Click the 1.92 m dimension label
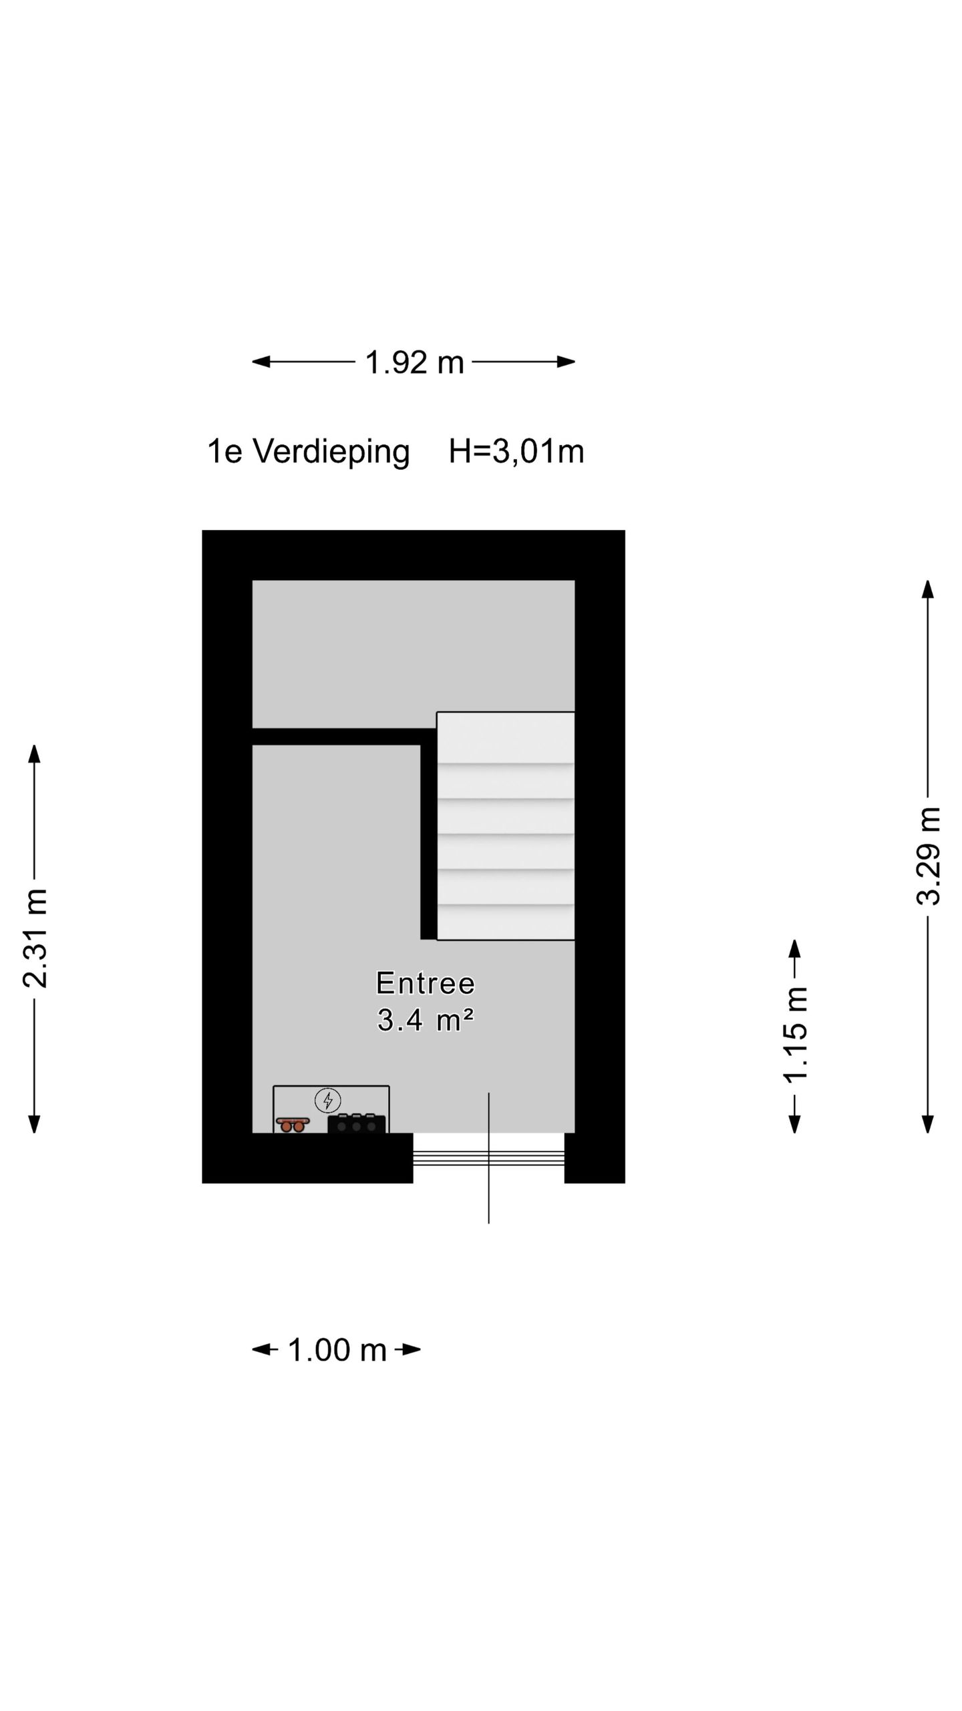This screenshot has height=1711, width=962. [414, 362]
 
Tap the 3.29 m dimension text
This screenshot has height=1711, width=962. [928, 856]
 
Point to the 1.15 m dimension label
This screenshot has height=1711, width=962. [795, 1035]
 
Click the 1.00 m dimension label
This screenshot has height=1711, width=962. [337, 1349]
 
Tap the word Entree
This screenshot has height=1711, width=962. [426, 983]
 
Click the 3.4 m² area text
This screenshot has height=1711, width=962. [426, 1020]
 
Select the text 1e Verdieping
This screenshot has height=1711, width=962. [308, 452]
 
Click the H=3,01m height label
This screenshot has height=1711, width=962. [516, 452]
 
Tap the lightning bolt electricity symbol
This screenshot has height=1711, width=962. [328, 1099]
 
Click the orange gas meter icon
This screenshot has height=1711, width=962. [293, 1124]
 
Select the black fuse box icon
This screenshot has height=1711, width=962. [356, 1125]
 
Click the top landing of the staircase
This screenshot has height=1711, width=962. [506, 737]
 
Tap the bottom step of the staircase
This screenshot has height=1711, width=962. [506, 922]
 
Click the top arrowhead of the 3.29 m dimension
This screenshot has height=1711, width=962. [928, 589]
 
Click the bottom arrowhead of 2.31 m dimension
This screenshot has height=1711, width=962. [35, 1124]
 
